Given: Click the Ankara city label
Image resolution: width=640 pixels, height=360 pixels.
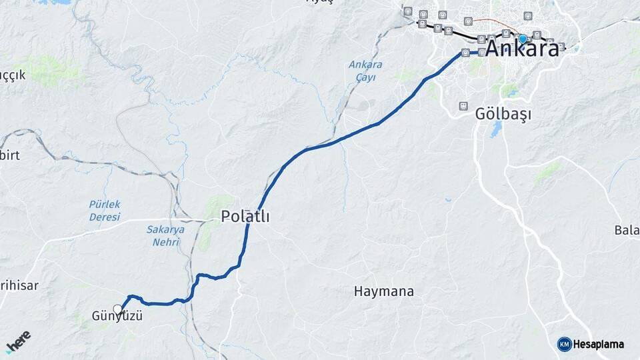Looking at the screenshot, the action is [522, 49].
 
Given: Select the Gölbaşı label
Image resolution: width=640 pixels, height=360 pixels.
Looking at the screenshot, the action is [503, 115].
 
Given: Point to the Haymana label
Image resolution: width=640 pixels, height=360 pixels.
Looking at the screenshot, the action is [384, 291].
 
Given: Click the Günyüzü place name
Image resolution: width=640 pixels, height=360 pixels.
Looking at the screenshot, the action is [117, 317].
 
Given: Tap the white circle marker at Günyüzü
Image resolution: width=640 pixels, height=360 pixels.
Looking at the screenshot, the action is [118, 309].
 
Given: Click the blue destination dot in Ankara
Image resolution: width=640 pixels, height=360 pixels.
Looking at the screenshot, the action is [523, 39].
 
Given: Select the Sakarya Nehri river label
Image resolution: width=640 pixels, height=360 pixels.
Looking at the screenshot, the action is [165, 235].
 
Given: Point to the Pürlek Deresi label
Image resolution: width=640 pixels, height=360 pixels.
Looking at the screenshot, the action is [105, 211].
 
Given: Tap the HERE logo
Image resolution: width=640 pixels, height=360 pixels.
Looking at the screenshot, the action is [18, 342].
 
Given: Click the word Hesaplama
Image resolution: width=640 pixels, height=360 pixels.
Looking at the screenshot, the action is [599, 345].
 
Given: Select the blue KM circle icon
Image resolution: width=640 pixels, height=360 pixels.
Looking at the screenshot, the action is [565, 344].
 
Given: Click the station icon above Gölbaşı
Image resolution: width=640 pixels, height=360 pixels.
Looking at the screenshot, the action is [463, 106].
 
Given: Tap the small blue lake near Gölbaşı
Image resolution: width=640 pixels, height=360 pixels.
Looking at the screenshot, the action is [495, 130].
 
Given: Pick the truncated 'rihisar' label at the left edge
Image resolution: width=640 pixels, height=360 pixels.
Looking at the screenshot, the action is [19, 285].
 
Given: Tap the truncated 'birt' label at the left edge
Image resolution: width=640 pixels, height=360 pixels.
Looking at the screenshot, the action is [11, 155].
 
